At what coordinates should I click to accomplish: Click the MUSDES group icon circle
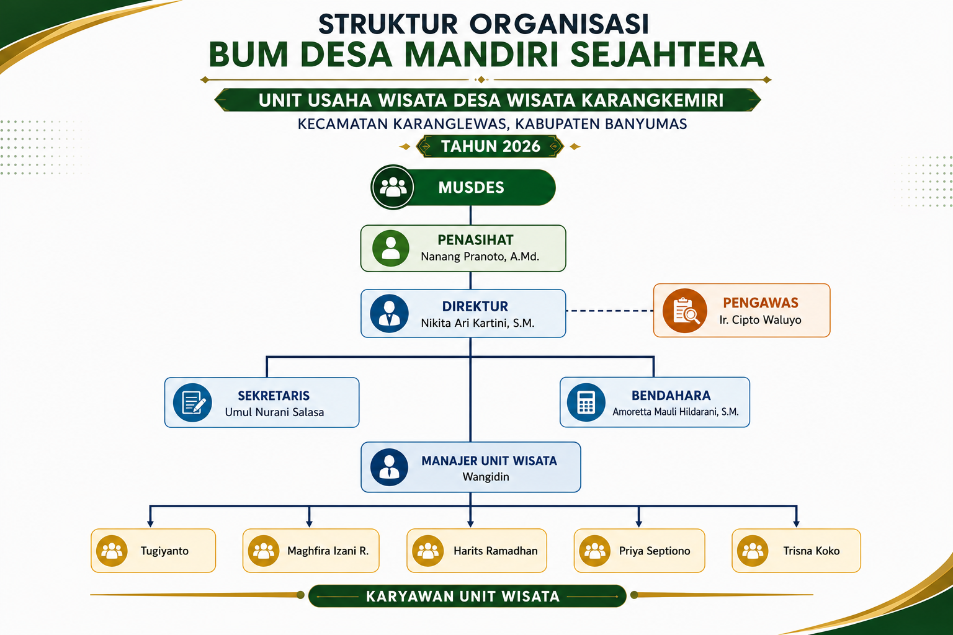392,187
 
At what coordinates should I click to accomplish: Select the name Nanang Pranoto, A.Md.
480,257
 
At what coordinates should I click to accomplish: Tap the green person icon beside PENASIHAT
390,248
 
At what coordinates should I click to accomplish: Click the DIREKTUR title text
475,306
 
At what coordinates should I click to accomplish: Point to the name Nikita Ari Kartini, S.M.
477,323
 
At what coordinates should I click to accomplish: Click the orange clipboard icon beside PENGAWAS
684,311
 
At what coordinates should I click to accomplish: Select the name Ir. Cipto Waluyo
760,320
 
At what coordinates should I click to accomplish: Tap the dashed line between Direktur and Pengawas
610,311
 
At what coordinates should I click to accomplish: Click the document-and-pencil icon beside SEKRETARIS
192,402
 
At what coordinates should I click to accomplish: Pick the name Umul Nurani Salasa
274,412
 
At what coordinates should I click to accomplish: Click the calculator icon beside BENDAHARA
586,402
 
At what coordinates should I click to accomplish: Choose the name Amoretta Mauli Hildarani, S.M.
676,412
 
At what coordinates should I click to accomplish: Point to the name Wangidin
486,477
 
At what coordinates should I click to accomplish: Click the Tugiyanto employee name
164,551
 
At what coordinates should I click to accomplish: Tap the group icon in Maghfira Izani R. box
263,551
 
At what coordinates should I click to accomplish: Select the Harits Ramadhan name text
496,551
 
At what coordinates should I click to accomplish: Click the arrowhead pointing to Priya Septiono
638,523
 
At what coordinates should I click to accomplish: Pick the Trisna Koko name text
812,551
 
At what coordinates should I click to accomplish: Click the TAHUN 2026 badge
490,146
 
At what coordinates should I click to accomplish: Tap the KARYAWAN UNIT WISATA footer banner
467,596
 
